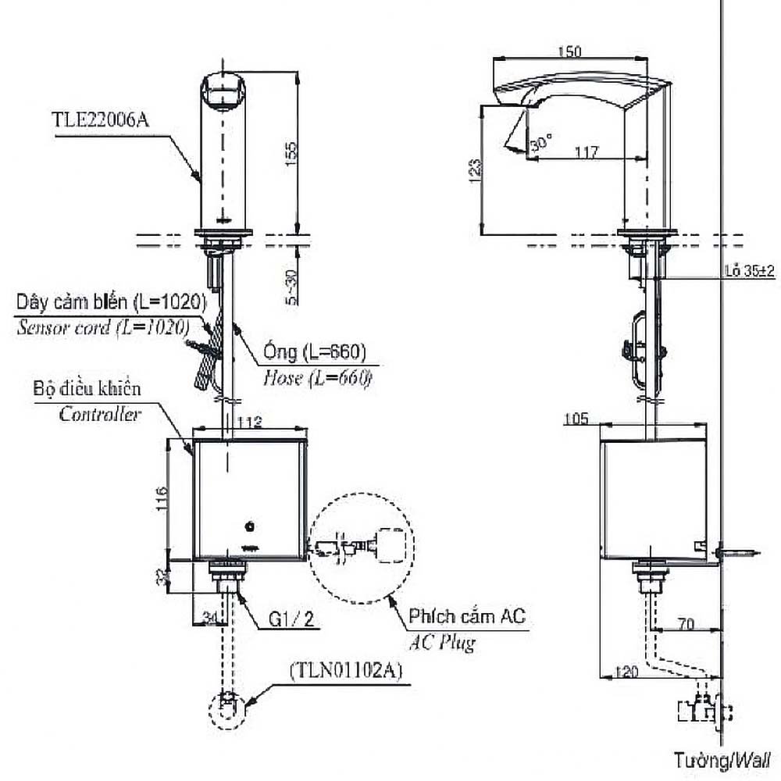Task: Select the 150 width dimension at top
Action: click(x=572, y=52)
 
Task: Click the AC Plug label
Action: click(x=442, y=644)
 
